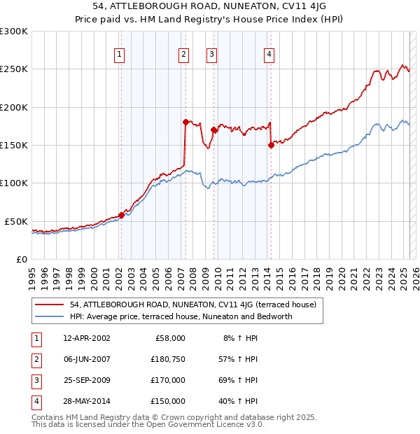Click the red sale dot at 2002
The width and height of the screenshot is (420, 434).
[121, 215]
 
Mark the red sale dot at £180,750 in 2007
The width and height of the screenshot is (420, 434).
[185, 122]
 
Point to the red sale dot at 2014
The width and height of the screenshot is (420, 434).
[271, 145]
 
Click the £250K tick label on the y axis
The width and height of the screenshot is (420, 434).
[14, 69]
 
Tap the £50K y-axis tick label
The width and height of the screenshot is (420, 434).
[16, 221]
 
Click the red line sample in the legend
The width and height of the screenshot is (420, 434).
[50, 305]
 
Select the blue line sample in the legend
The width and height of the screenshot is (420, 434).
[50, 316]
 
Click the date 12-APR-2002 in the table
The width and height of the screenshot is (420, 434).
[86, 338]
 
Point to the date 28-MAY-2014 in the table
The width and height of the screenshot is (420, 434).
[86, 402]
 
